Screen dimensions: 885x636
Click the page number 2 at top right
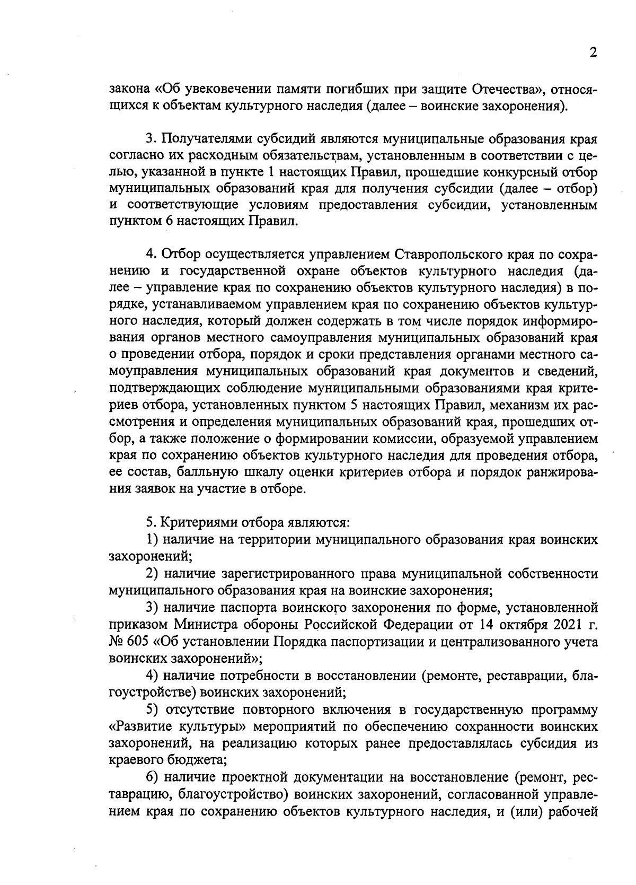593,53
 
